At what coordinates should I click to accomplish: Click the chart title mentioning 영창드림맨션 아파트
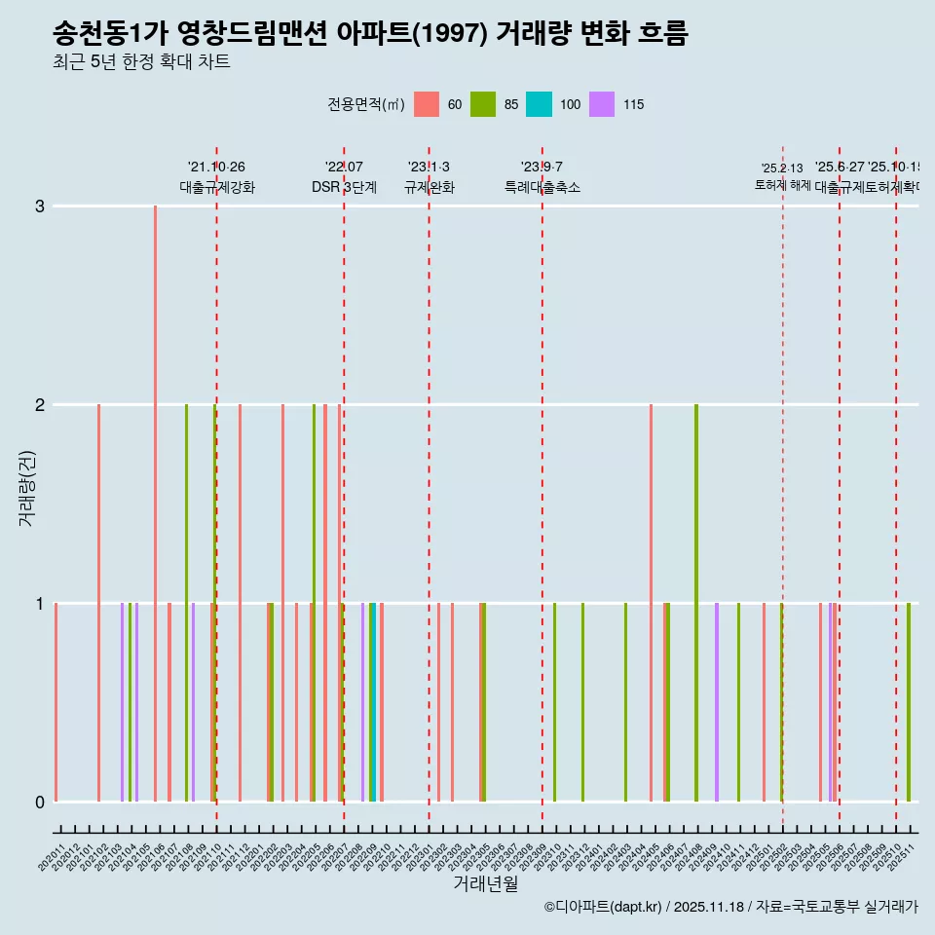click(370, 34)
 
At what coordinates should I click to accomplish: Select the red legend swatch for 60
click(427, 104)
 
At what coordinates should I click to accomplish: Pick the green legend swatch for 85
click(483, 104)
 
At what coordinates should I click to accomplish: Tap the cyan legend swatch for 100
click(539, 104)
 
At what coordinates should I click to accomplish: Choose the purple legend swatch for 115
click(603, 104)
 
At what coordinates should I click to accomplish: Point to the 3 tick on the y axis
click(39, 206)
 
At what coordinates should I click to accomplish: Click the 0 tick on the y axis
click(39, 802)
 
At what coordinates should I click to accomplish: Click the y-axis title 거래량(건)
click(26, 487)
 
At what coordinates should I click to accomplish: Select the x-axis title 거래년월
click(485, 883)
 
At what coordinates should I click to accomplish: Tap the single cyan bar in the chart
click(373, 702)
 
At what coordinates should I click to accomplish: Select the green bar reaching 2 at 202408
click(696, 603)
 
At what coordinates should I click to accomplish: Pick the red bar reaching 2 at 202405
click(651, 603)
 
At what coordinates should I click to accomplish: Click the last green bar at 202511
click(909, 702)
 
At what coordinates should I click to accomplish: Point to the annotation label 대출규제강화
click(216, 188)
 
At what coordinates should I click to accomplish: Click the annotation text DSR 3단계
click(344, 188)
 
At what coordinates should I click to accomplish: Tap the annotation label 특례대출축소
click(542, 188)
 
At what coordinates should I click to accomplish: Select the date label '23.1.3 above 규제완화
click(429, 168)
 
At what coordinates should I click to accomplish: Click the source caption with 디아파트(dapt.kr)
click(730, 907)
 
